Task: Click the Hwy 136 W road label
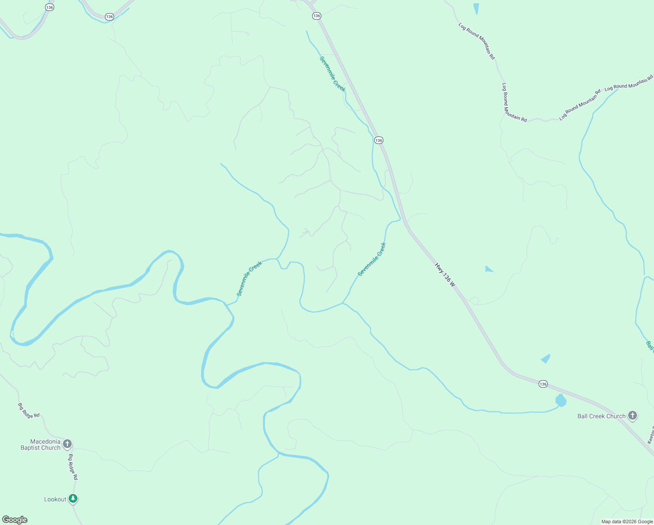(x=445, y=275)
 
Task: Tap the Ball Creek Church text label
(x=601, y=416)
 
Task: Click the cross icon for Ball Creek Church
(x=633, y=416)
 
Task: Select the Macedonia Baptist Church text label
(x=41, y=444)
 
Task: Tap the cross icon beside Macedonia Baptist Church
(x=67, y=444)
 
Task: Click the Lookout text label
(x=55, y=499)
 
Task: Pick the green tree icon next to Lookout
(x=73, y=498)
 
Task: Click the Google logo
(x=15, y=520)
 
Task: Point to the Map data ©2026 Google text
(x=627, y=521)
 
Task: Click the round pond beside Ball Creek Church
(x=560, y=400)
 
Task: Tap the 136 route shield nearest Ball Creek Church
(x=543, y=384)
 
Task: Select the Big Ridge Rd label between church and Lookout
(x=73, y=467)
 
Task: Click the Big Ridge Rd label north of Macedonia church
(x=28, y=410)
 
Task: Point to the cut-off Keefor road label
(x=650, y=435)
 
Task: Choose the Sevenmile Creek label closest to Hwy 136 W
(x=372, y=259)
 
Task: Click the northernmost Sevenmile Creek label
(x=333, y=74)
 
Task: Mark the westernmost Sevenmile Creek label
(x=249, y=279)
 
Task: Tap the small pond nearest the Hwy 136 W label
(x=488, y=269)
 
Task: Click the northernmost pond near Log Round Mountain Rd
(x=476, y=8)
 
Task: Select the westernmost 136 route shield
(x=50, y=7)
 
